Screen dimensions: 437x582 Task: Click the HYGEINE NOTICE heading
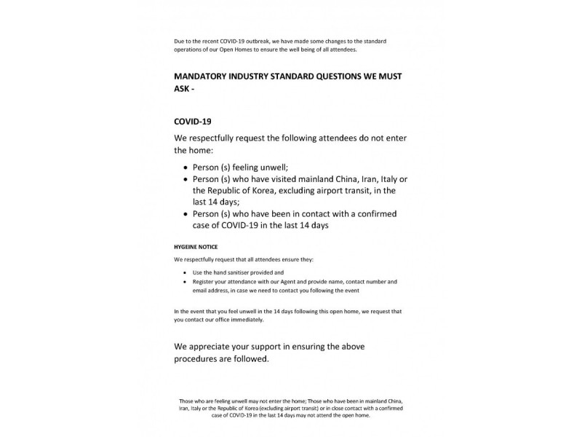[x=196, y=247]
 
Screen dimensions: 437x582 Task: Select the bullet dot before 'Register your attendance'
[x=185, y=281]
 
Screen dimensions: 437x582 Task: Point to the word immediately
[x=248, y=320]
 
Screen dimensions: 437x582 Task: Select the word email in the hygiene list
[x=201, y=290]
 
